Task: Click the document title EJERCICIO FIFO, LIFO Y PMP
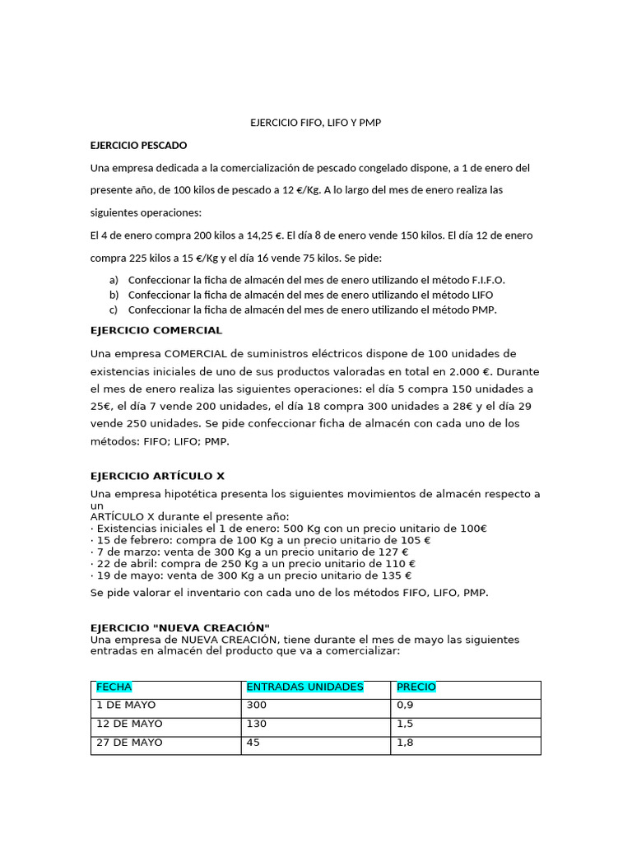coord(316,123)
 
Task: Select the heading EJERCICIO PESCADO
coord(138,145)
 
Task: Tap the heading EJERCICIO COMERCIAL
coord(156,330)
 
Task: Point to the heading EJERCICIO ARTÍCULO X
coord(156,476)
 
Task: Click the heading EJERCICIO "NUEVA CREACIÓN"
coord(179,628)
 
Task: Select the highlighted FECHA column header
coord(114,687)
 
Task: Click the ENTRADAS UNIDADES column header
coord(304,687)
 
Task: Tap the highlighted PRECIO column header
coord(416,687)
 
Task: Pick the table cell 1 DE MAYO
coord(126,706)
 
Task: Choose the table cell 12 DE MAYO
coord(129,724)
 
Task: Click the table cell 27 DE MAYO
coord(129,743)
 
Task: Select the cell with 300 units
coord(257,706)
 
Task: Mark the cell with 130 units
coord(257,724)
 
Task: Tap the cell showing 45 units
coord(253,743)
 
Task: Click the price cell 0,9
coord(405,706)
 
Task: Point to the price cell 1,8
coord(405,743)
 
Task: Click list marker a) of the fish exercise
coord(114,279)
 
